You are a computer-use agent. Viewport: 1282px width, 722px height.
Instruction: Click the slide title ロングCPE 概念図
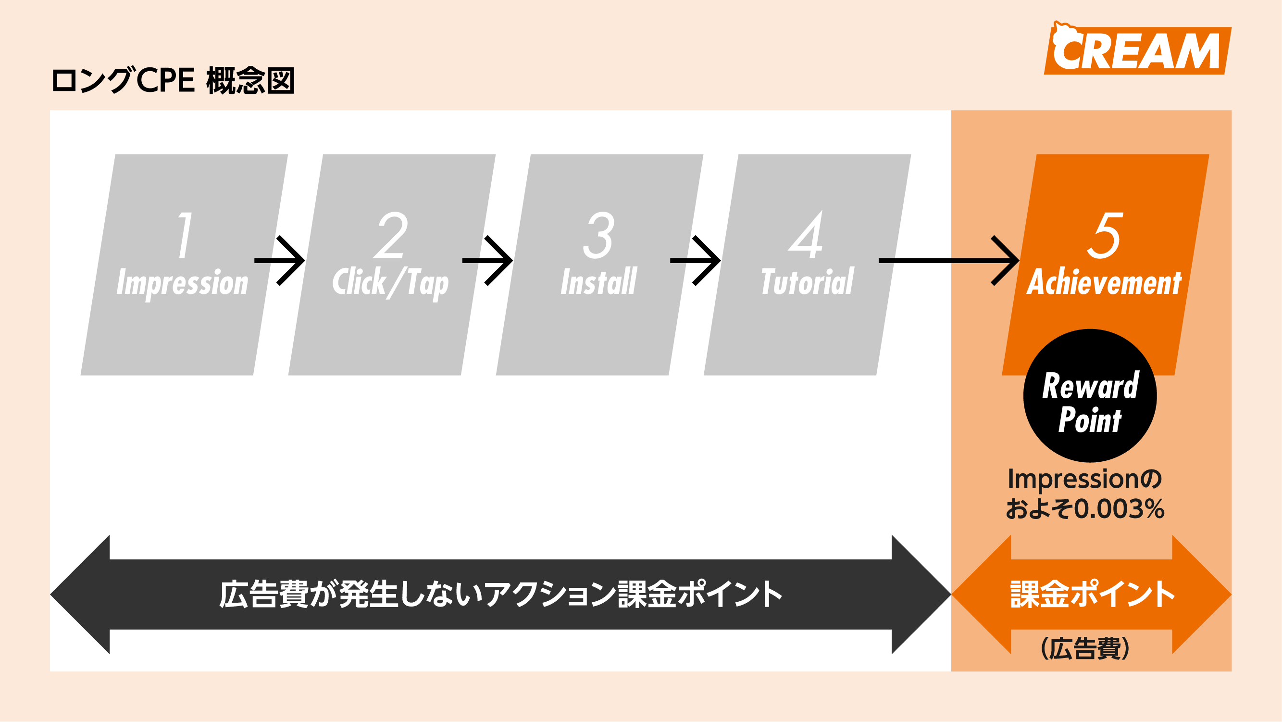(x=173, y=80)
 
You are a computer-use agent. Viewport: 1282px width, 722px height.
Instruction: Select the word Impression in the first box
(x=182, y=283)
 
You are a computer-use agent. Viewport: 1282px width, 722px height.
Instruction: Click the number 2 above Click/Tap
(x=391, y=235)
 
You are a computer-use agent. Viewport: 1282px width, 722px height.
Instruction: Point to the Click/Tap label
(x=390, y=283)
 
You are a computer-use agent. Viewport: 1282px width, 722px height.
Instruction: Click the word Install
(x=598, y=282)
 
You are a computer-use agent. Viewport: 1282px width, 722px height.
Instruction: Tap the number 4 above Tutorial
(x=806, y=235)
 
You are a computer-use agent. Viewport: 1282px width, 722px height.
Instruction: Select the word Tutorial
(x=807, y=282)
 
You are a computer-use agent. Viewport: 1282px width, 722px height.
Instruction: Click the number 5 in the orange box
(x=1105, y=235)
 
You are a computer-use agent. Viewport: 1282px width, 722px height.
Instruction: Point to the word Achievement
(x=1104, y=282)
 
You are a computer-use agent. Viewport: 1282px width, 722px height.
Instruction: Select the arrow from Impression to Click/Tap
(x=280, y=260)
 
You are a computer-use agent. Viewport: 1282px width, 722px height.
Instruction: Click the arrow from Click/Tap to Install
(x=488, y=260)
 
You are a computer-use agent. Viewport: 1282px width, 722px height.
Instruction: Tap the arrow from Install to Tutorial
(x=696, y=260)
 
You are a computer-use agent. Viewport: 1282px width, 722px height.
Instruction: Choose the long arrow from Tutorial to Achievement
(x=948, y=260)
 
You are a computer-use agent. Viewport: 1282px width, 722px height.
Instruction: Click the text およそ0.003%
(x=1085, y=509)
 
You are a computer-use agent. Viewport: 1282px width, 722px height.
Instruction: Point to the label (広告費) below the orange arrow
(x=1085, y=648)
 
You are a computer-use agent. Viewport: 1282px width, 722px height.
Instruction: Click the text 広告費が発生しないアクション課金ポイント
(x=500, y=594)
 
